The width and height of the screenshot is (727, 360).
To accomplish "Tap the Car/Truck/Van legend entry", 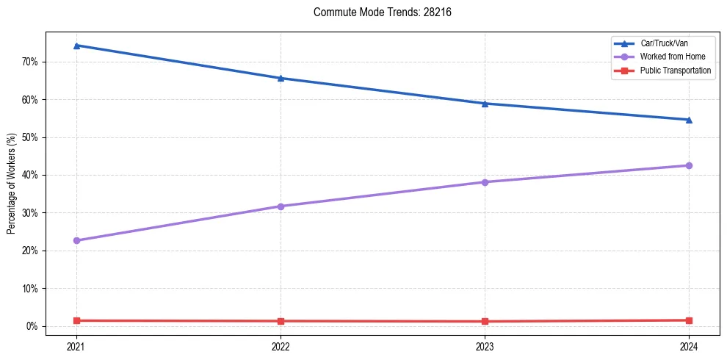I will tap(664, 43).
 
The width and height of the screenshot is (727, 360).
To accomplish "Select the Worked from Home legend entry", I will tap(673, 57).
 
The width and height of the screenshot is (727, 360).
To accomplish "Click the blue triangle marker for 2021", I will tap(76, 46).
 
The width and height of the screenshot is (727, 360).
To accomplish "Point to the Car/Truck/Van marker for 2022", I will tap(281, 78).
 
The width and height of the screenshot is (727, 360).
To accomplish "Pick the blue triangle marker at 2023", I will tap(485, 104).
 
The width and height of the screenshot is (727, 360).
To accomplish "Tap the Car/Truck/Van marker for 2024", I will tap(689, 120).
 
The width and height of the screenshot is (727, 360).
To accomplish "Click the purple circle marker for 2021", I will tap(76, 240).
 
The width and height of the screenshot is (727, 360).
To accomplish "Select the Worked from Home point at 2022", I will tap(281, 206).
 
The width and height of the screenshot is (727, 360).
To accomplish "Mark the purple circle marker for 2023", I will tap(485, 182).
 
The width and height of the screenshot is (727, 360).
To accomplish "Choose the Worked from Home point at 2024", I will tap(689, 165).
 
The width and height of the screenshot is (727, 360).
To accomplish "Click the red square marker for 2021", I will tap(76, 320).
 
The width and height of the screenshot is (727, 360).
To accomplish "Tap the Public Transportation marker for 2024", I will tap(689, 320).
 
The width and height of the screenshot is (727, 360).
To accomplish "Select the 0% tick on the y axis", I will tap(32, 326).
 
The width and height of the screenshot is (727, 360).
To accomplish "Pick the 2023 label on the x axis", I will tap(485, 346).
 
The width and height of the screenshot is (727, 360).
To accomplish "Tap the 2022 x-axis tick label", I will tap(281, 346).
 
